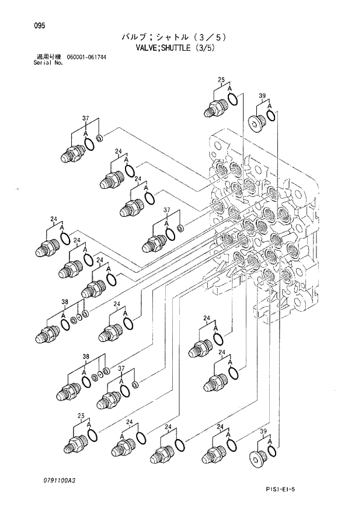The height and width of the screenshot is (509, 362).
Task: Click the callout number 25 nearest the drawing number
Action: (x=82, y=415)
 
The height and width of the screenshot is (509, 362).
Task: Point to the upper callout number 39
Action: (x=262, y=95)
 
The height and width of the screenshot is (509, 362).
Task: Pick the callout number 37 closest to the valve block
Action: (x=166, y=210)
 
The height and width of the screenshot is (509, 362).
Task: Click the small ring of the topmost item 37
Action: (x=99, y=138)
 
